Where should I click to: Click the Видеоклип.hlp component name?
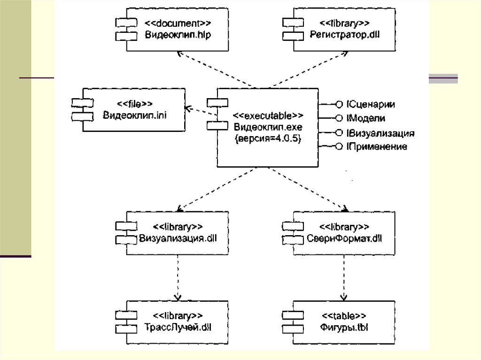pos(178,35)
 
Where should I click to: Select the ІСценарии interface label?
pos(370,104)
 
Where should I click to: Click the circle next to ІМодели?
pos(339,118)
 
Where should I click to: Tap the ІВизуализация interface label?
pos(380,133)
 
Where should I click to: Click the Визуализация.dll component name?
pos(178,238)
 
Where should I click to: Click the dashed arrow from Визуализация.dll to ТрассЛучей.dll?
pos(178,277)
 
